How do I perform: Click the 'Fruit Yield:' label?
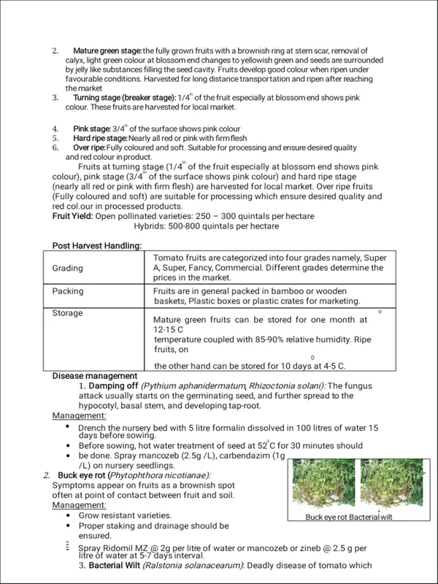(72, 217)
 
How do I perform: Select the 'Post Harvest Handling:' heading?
(97, 245)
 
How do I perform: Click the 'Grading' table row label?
(67, 269)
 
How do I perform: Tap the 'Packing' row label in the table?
(68, 291)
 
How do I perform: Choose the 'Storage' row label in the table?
(68, 313)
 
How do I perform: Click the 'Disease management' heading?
(95, 376)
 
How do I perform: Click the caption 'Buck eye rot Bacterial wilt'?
(349, 517)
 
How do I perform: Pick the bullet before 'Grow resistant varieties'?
(68, 515)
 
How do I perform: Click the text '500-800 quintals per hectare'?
(207, 226)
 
